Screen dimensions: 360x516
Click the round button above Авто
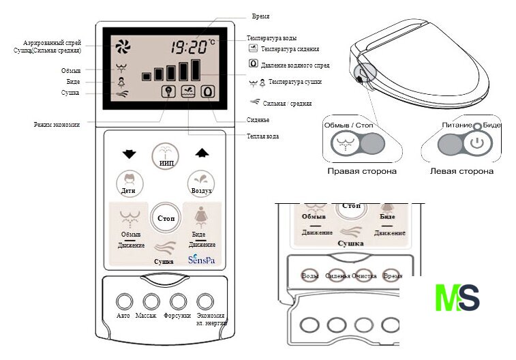coord(123,301)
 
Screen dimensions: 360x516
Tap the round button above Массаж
coord(151,301)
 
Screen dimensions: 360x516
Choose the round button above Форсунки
coord(178,301)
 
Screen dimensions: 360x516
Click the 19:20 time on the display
coord(188,48)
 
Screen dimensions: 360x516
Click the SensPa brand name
coord(200,260)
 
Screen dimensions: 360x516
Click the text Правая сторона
coord(363,171)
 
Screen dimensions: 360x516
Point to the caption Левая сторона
coord(461,171)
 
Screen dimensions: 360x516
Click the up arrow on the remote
coord(201,153)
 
